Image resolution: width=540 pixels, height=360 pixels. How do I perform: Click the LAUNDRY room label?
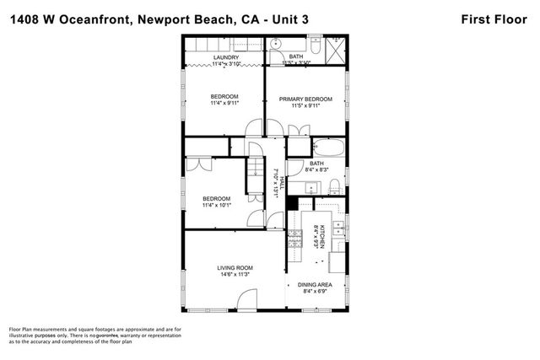(x=224, y=57)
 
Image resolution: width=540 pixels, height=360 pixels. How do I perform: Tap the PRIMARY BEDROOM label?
(x=305, y=99)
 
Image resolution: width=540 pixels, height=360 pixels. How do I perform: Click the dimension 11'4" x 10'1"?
(x=216, y=205)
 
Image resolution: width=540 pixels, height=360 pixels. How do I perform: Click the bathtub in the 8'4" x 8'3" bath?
(x=328, y=149)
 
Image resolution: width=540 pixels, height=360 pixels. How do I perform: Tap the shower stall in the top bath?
(x=335, y=45)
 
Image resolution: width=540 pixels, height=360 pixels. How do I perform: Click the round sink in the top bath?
(x=277, y=42)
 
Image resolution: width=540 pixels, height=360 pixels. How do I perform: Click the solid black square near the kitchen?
(x=293, y=203)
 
